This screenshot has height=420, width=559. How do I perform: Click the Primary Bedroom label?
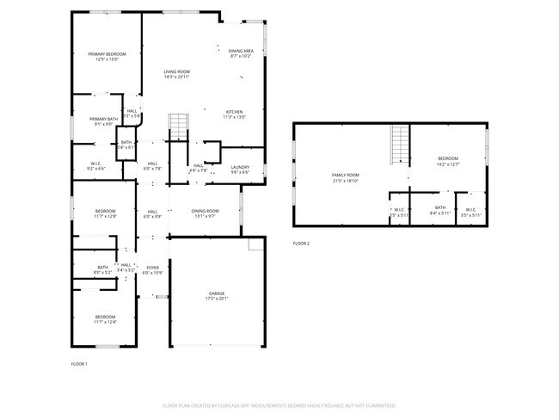(x=107, y=54)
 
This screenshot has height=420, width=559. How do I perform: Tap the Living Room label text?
(x=176, y=71)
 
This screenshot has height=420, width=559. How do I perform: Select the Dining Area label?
(x=241, y=51)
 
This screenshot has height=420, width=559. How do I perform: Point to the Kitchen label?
(x=235, y=112)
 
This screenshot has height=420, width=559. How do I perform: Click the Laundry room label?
(x=240, y=167)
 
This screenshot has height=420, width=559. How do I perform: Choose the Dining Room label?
(x=205, y=211)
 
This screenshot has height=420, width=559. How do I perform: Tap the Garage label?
(x=216, y=293)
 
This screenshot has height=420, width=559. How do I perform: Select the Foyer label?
(x=152, y=268)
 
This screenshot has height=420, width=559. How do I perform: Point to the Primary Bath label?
(x=103, y=119)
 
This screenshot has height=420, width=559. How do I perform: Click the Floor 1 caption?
(x=79, y=364)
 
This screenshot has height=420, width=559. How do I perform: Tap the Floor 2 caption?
(x=301, y=244)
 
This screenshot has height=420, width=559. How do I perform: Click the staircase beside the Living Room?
(x=177, y=126)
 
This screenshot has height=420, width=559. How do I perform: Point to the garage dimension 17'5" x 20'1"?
(x=216, y=299)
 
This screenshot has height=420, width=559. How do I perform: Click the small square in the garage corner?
(x=255, y=244)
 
